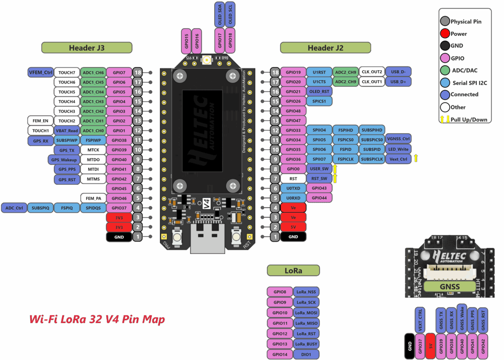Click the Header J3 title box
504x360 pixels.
(x=87, y=48)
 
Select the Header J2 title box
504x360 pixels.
(x=325, y=48)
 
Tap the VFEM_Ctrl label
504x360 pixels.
(x=41, y=72)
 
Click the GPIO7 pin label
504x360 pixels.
(x=119, y=72)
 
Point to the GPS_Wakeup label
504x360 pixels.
(x=64, y=160)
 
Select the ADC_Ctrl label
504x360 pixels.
(x=14, y=208)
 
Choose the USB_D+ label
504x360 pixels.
(x=398, y=81)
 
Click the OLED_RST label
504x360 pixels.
(x=319, y=92)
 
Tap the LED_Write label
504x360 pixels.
(x=398, y=149)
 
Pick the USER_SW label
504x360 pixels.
(x=319, y=168)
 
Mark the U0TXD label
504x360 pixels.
(x=293, y=188)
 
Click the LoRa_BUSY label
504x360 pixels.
(x=306, y=344)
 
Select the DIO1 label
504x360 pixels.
(x=306, y=355)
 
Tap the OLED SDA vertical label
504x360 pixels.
(x=219, y=15)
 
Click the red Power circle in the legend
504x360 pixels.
(x=445, y=34)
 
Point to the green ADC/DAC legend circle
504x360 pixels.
(x=445, y=70)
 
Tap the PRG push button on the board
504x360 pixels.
(x=177, y=237)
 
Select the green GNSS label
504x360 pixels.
(x=450, y=287)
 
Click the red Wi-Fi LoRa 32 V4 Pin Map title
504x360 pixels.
(x=97, y=319)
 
